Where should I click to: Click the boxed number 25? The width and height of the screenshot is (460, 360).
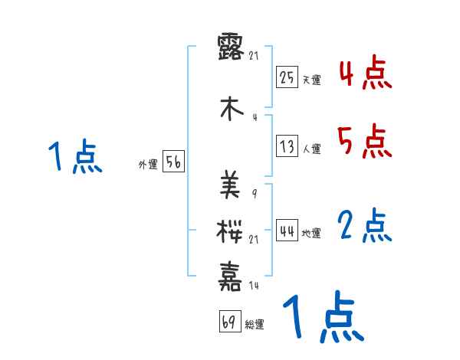pyautogui.click(x=287, y=77)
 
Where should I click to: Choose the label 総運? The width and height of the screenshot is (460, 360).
pyautogui.click(x=254, y=325)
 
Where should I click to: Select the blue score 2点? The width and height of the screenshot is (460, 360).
pyautogui.click(x=365, y=226)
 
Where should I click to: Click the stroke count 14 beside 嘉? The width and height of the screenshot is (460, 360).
pyautogui.click(x=255, y=285)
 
